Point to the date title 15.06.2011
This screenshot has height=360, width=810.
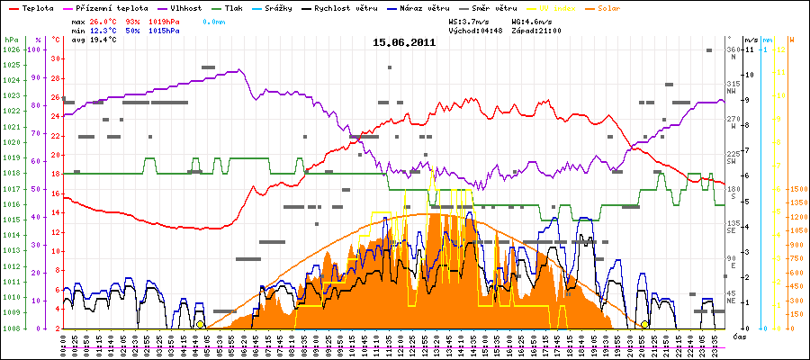click(x=405, y=41)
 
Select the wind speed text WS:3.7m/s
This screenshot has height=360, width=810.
click(x=470, y=21)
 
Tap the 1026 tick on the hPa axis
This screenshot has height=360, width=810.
click(x=11, y=49)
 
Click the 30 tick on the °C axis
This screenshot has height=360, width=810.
click(x=56, y=58)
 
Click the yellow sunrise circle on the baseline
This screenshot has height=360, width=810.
click(x=201, y=324)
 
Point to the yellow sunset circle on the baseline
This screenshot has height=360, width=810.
click(x=644, y=324)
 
